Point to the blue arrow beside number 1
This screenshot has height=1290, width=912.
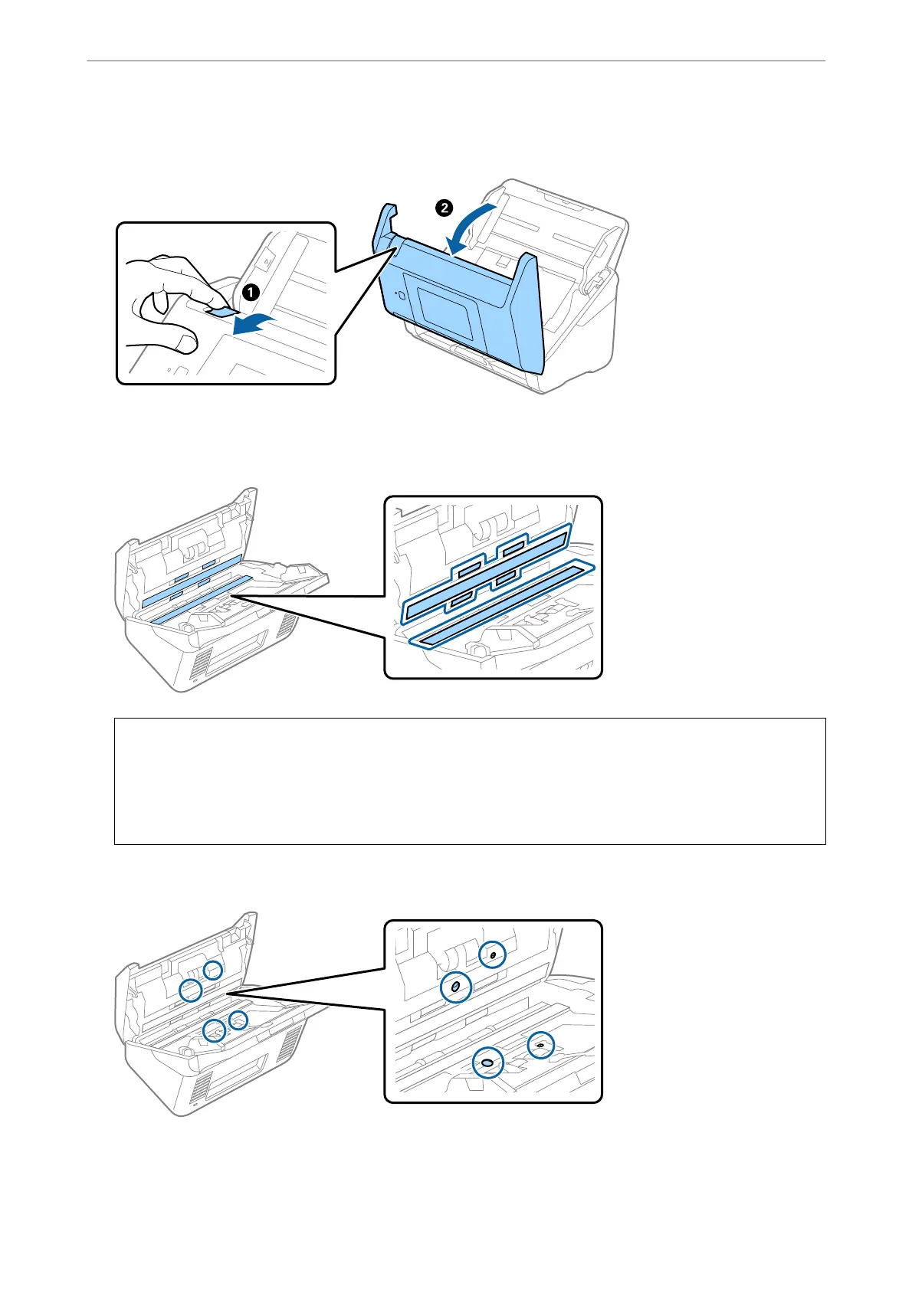(x=252, y=319)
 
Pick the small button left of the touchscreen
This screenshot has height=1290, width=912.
(x=399, y=295)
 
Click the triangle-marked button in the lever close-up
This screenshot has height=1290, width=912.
(x=266, y=260)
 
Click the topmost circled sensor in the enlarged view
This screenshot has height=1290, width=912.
(x=493, y=954)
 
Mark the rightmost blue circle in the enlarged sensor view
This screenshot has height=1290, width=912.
(x=541, y=1044)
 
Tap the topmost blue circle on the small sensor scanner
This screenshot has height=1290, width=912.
(x=212, y=970)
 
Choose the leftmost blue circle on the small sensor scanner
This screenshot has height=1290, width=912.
(x=190, y=990)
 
